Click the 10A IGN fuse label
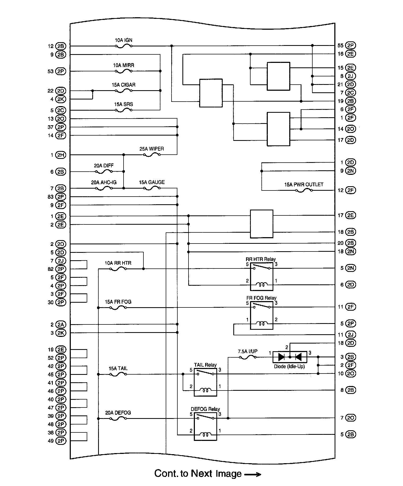(x=124, y=40)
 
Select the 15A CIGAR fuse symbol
(x=124, y=91)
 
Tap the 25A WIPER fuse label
(x=152, y=149)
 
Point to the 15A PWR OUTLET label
(x=304, y=185)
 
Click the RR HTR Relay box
(x=262, y=277)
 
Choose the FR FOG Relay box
(x=262, y=315)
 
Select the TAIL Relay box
(x=205, y=382)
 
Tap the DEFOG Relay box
(x=205, y=427)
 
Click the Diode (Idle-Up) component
(x=290, y=357)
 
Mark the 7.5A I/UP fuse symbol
(x=248, y=357)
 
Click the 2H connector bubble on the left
(x=61, y=155)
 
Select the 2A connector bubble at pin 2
(x=61, y=324)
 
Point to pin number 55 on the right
(x=340, y=46)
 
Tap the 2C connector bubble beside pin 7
(x=351, y=93)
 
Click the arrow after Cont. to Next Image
(x=252, y=474)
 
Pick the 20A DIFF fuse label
(x=104, y=166)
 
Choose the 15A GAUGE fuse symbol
(x=152, y=188)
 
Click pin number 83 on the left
(x=51, y=197)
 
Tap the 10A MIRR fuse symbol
(x=124, y=71)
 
